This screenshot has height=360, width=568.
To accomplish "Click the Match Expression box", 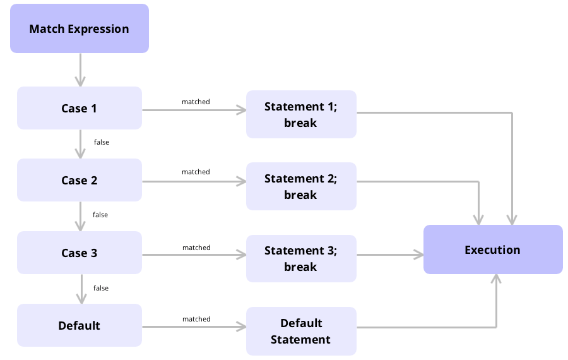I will (x=79, y=28).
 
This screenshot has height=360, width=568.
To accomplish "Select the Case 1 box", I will (x=79, y=108).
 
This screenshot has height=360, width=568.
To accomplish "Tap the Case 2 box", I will (x=79, y=180).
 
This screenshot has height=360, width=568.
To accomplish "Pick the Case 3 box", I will (x=79, y=253).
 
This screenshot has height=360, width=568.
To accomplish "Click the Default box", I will (x=79, y=325).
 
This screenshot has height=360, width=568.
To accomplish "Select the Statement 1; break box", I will (x=301, y=114).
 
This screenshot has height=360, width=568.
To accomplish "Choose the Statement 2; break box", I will (x=301, y=186).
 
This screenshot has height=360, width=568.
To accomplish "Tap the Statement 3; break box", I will (x=301, y=258).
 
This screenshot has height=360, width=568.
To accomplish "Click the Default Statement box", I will (x=301, y=331).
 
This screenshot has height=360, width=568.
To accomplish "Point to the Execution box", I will (x=493, y=249).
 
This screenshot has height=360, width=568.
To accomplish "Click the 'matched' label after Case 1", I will (x=196, y=102).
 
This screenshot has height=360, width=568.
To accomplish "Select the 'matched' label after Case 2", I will (x=196, y=172).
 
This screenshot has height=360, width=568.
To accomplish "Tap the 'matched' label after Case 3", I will (x=196, y=248).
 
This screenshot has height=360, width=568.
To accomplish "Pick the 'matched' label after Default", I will (x=196, y=319).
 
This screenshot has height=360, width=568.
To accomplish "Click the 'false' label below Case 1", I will (x=101, y=142).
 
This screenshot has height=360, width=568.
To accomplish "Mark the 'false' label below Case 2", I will (x=100, y=215).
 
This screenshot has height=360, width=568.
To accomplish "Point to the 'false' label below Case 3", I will (x=101, y=288).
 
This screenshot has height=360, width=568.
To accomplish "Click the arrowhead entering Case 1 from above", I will (x=80, y=82).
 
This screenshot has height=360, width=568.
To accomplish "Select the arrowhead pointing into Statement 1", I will (x=241, y=110).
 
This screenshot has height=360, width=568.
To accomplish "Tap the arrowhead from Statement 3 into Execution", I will (x=418, y=255).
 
